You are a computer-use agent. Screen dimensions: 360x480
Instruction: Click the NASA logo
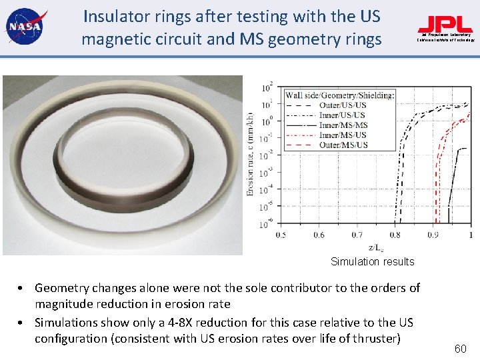click(24, 26)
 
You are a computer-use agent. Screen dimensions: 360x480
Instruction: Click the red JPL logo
click(445, 25)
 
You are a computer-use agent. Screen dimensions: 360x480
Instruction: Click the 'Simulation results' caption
click(372, 261)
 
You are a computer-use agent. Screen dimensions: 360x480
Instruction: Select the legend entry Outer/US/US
click(341, 105)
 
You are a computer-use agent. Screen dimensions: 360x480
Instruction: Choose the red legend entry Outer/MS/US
click(343, 145)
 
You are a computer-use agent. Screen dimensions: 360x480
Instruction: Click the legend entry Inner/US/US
click(341, 115)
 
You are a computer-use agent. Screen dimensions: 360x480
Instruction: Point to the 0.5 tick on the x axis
click(281, 234)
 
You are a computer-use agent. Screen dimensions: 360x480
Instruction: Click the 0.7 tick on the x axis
click(357, 234)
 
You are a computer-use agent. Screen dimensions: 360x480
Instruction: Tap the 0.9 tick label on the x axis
click(433, 234)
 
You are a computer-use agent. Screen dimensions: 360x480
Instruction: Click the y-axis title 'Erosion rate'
click(250, 153)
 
